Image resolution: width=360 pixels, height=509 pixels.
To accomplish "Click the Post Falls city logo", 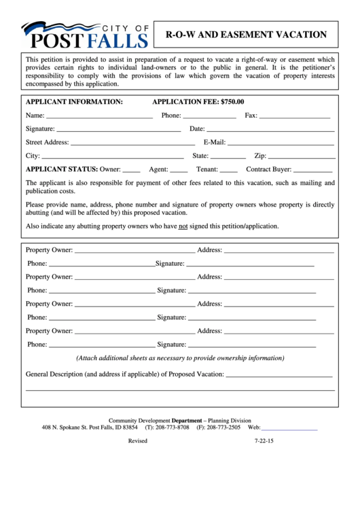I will pyautogui.click(x=85, y=35).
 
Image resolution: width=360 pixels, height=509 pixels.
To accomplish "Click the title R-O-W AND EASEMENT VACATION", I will pyautogui.click(x=246, y=34).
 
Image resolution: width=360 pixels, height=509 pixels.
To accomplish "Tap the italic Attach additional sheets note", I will pyautogui.click(x=180, y=358).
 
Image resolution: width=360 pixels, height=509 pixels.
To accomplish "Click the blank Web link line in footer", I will pyautogui.click(x=290, y=429).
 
